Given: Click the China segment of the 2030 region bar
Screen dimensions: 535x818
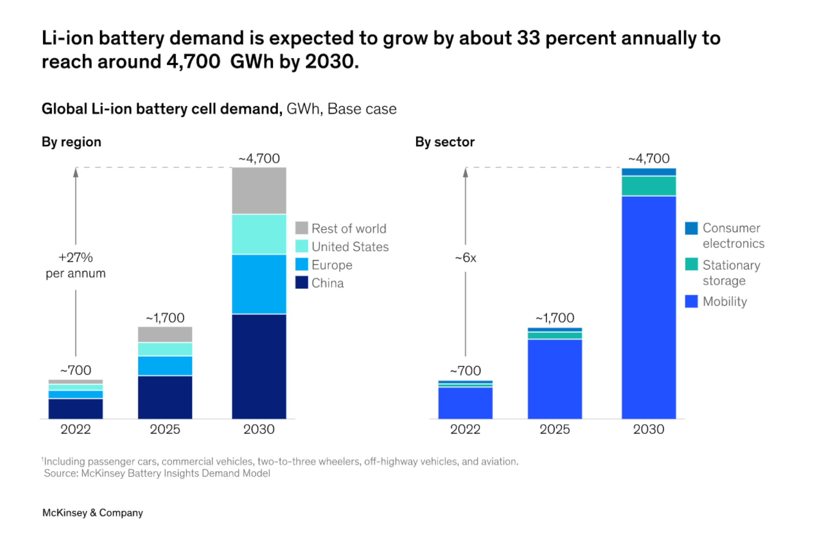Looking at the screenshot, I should pyautogui.click(x=259, y=366).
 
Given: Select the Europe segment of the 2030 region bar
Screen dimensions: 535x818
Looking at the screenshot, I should pyautogui.click(x=259, y=284).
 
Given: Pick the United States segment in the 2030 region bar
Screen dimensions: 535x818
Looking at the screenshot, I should pyautogui.click(x=259, y=234).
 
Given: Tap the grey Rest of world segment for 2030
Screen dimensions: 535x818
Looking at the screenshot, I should pyautogui.click(x=259, y=191).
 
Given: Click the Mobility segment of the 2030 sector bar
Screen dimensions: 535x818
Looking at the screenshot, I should pyautogui.click(x=648, y=307).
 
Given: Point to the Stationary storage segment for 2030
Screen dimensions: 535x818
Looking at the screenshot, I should pyautogui.click(x=648, y=186).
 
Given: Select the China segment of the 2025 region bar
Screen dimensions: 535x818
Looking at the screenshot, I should pyautogui.click(x=165, y=397).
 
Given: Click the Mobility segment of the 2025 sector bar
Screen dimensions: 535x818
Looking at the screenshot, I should pyautogui.click(x=555, y=379).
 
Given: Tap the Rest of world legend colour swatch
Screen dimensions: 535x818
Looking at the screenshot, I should pyautogui.click(x=301, y=228).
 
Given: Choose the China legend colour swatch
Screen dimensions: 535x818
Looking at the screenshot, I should pyautogui.click(x=301, y=282).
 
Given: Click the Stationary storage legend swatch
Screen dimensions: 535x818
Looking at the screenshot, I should pyautogui.click(x=691, y=264).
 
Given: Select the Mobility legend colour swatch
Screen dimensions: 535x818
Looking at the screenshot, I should pyautogui.click(x=691, y=301).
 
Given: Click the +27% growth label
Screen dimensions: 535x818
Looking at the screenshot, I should pyautogui.click(x=75, y=258).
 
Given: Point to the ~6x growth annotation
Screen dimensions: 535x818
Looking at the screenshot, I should pyautogui.click(x=466, y=258).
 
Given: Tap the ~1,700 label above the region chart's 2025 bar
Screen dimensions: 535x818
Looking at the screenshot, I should pyautogui.click(x=165, y=318).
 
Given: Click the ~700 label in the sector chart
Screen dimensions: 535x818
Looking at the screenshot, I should pyautogui.click(x=466, y=371).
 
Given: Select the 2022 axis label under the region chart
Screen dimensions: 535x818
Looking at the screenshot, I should pyautogui.click(x=75, y=429).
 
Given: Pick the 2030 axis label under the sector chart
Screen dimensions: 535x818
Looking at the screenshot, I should pyautogui.click(x=648, y=429).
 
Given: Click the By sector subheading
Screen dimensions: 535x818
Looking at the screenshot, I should pyautogui.click(x=445, y=142).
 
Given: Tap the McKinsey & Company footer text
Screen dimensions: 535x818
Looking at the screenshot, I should pyautogui.click(x=93, y=513).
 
